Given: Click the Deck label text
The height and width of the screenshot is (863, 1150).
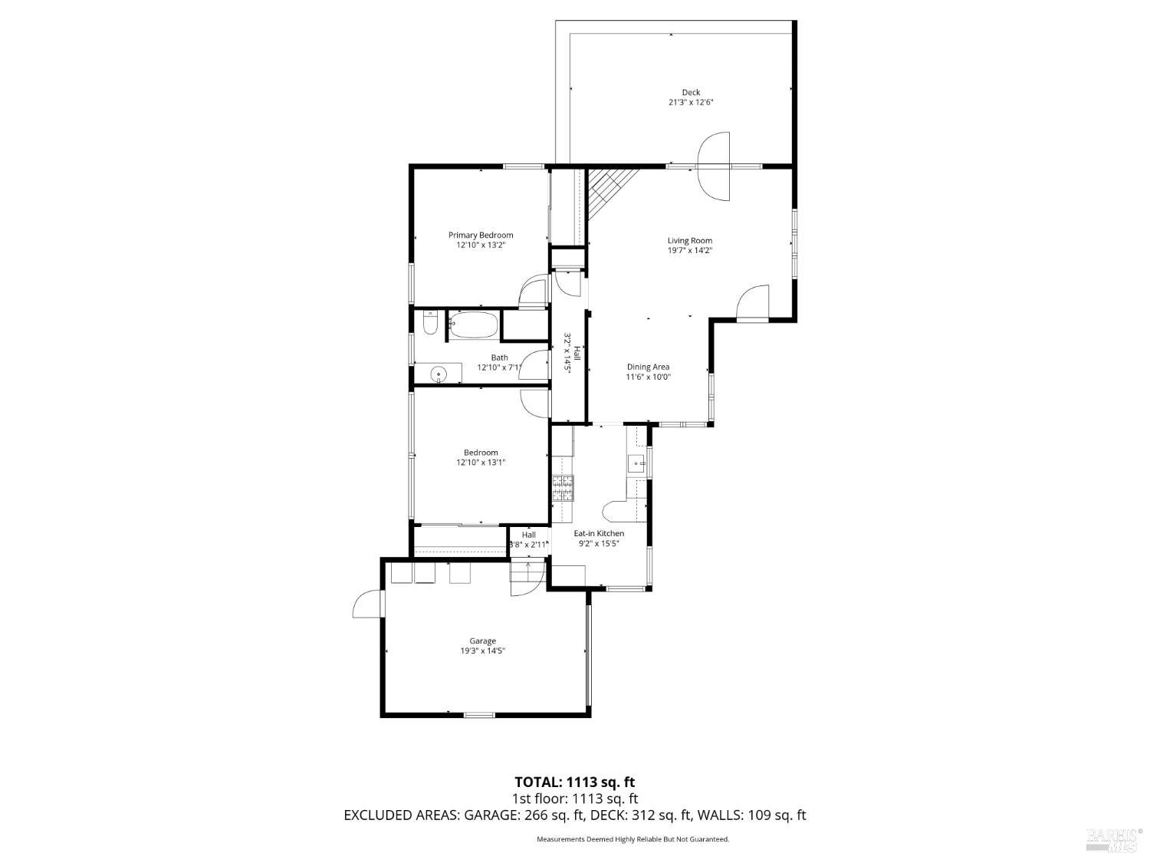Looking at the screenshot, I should pos(691,93).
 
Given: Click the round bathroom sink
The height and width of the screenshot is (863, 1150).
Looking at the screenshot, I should pos(438,374).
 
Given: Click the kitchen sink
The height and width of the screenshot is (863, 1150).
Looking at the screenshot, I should pos(636,463).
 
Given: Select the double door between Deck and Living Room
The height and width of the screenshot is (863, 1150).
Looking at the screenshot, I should pos(714,166).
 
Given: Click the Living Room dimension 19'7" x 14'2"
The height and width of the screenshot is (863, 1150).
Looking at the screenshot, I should pos(690,250).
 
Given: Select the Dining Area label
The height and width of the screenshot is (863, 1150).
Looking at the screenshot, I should pos(648,367).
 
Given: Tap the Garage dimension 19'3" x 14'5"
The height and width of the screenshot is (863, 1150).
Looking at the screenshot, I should pos(482,651).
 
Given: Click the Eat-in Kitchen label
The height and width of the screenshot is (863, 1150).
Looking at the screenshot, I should pos(599,533).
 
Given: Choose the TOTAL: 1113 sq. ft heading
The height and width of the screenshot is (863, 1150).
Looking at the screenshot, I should pos(574,782).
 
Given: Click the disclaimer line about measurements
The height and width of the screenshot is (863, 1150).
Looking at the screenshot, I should pos(632,839).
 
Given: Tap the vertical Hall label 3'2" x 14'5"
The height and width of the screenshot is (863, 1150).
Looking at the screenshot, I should pos(572,353).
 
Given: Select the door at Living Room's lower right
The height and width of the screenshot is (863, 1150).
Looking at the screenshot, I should pos(753,301).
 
